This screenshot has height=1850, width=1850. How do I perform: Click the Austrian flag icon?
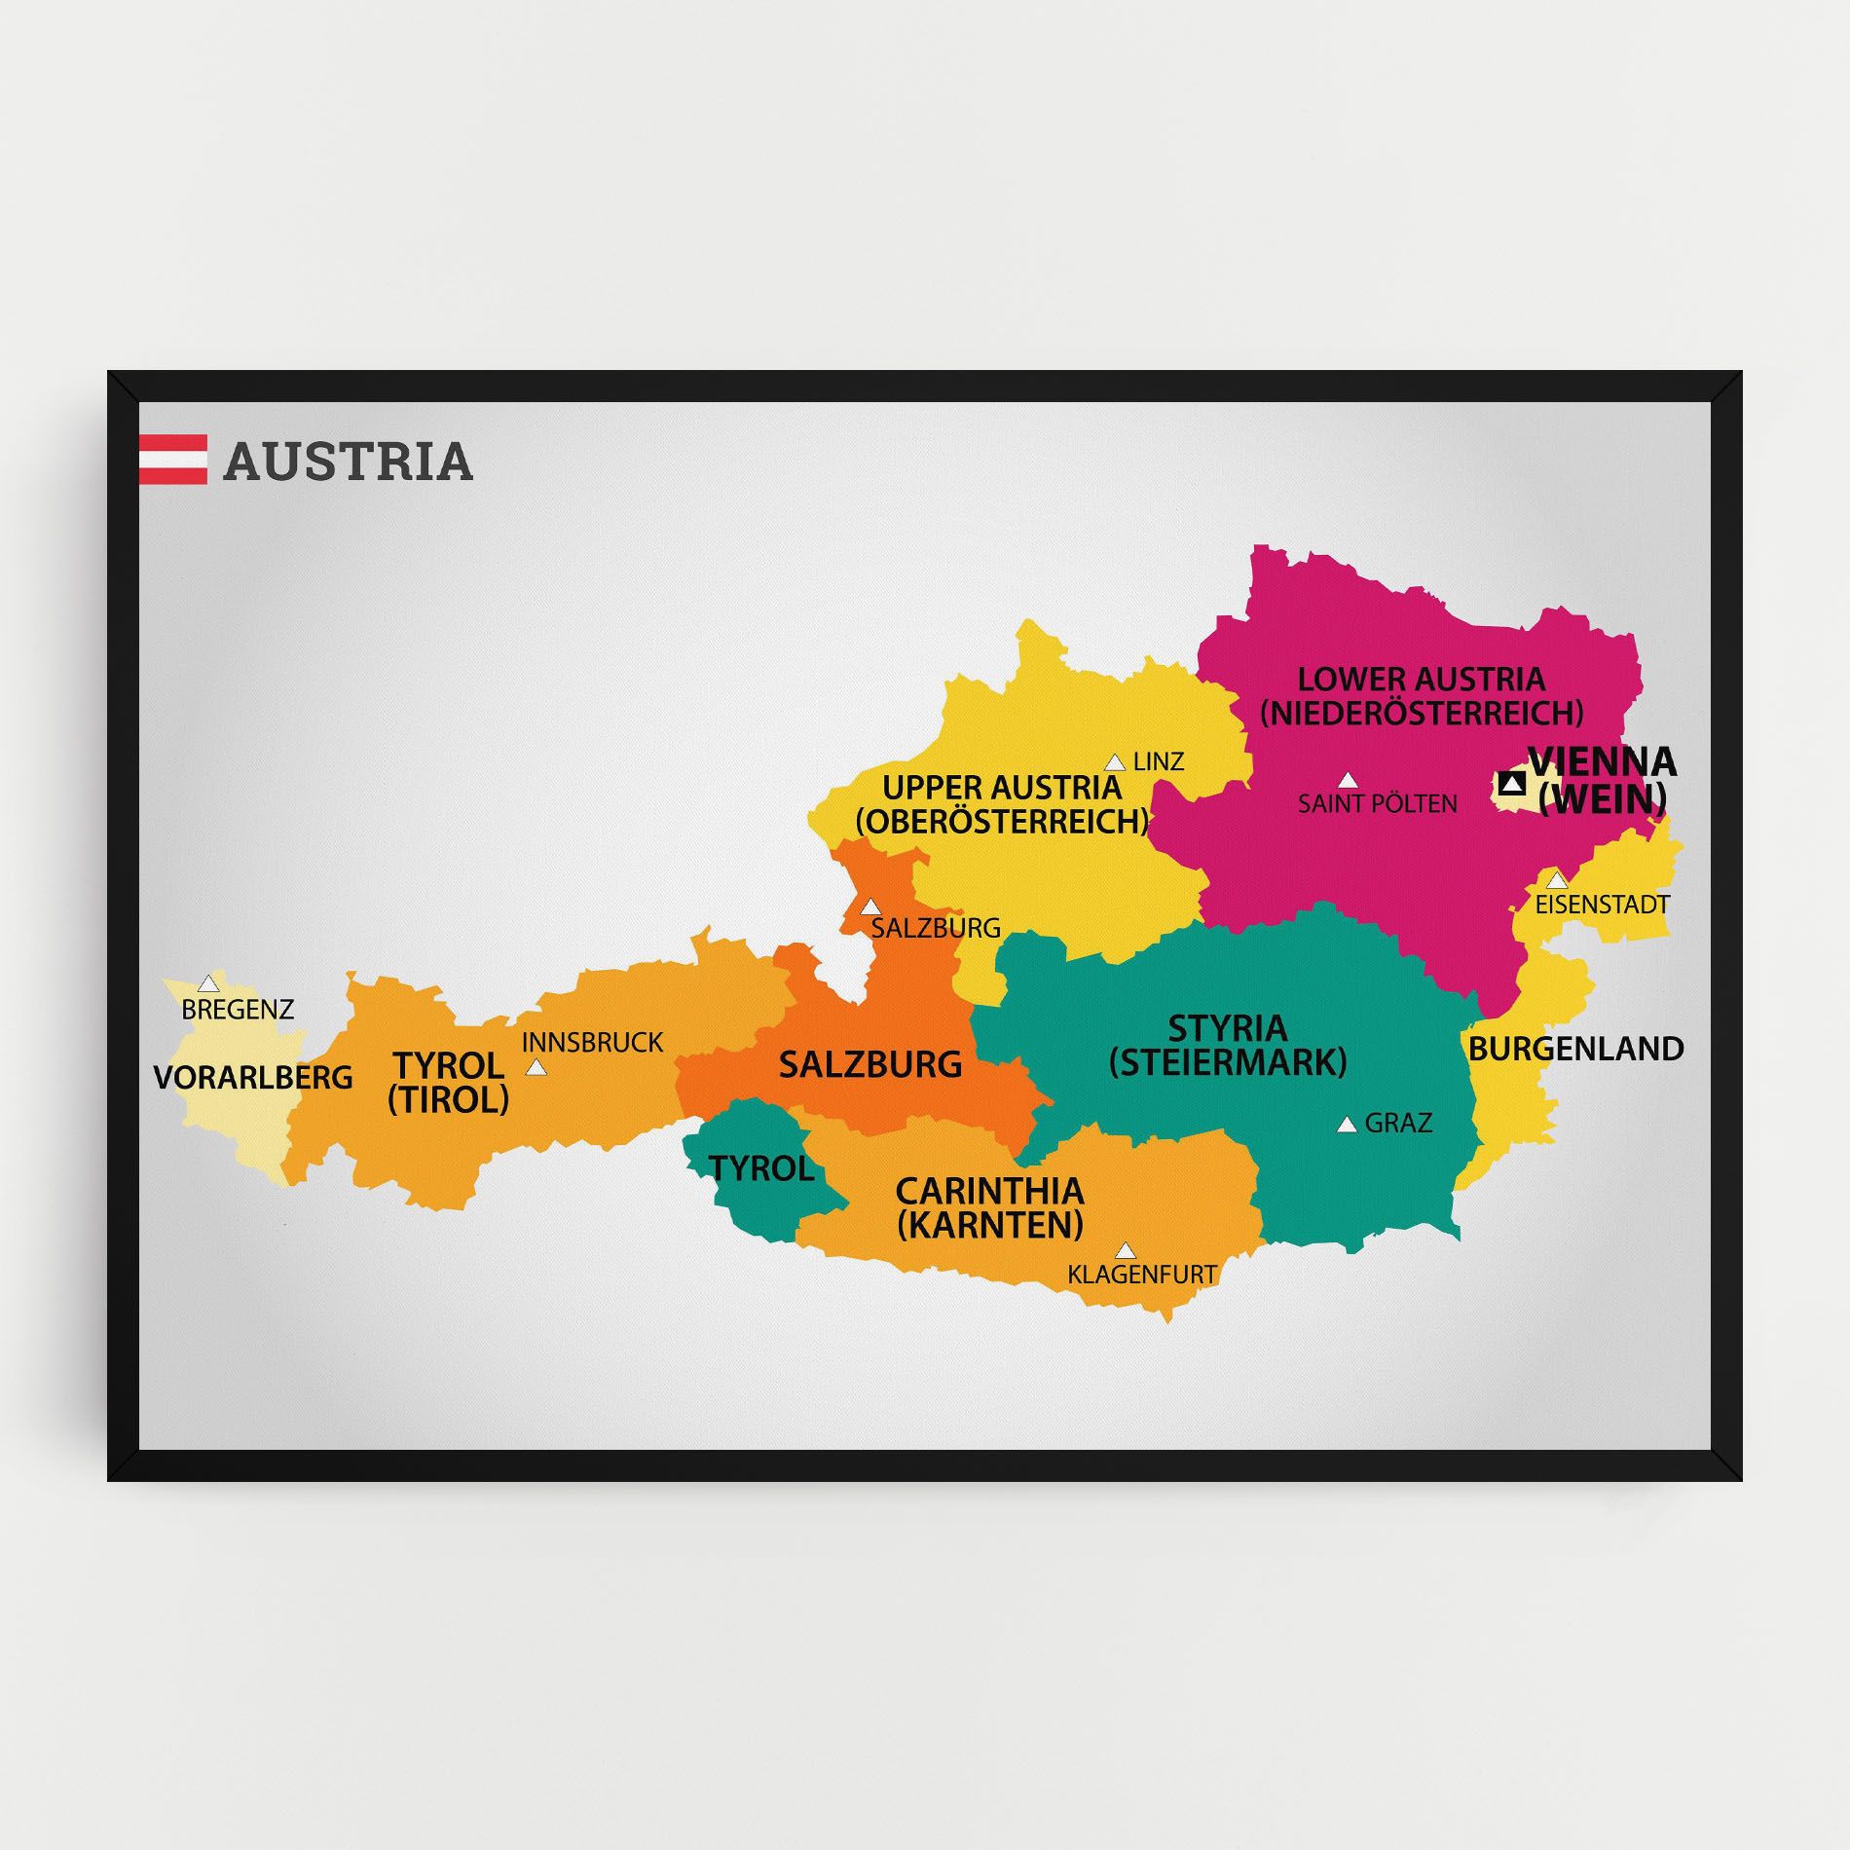click(172, 460)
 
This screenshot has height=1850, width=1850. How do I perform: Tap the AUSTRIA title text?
click(348, 462)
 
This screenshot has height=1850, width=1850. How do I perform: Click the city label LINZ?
click(1159, 761)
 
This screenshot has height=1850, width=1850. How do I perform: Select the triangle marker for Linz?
click(1115, 762)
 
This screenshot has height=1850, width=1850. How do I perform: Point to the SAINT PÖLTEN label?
click(1377, 803)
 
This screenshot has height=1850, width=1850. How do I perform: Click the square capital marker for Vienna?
click(1512, 783)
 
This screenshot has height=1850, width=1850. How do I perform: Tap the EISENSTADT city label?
click(1602, 905)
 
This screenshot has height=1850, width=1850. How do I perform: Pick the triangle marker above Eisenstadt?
click(1558, 880)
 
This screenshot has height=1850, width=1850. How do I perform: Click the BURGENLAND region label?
click(1575, 1049)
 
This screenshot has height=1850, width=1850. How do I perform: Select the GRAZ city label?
click(1398, 1123)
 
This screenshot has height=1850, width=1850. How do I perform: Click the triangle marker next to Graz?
click(1347, 1125)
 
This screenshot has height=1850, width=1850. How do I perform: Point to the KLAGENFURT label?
click(1141, 1274)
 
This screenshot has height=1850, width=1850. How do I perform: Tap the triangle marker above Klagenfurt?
click(1126, 1250)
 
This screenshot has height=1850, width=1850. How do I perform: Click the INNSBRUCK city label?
click(592, 1043)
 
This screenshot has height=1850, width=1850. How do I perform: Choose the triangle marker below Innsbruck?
click(536, 1068)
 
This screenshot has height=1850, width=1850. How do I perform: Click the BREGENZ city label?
click(238, 1009)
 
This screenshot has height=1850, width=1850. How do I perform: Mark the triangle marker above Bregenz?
click(208, 983)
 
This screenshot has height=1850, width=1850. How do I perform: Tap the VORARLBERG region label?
click(253, 1077)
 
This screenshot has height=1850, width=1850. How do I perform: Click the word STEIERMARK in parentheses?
click(1228, 1061)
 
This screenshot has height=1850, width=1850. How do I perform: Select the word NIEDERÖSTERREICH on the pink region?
click(1422, 713)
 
